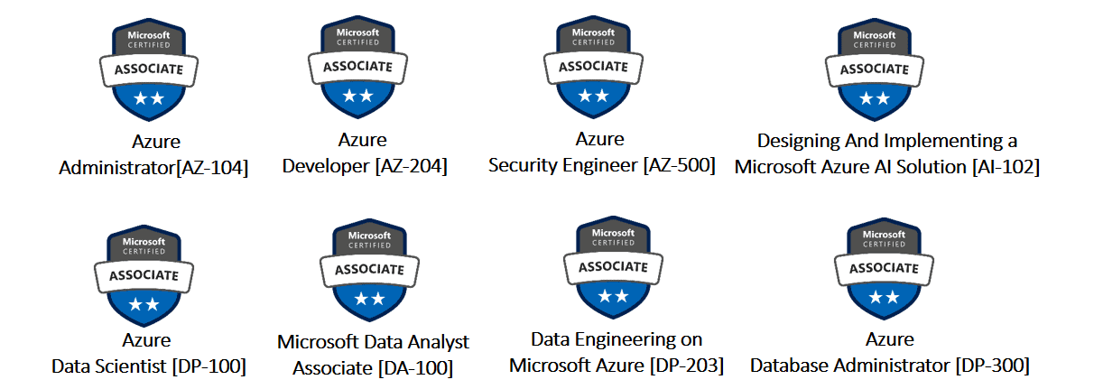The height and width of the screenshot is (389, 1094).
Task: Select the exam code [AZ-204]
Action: click(x=411, y=166)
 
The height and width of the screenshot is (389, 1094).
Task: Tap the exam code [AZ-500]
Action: click(x=679, y=165)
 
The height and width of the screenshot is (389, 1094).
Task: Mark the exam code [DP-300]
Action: click(x=992, y=365)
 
